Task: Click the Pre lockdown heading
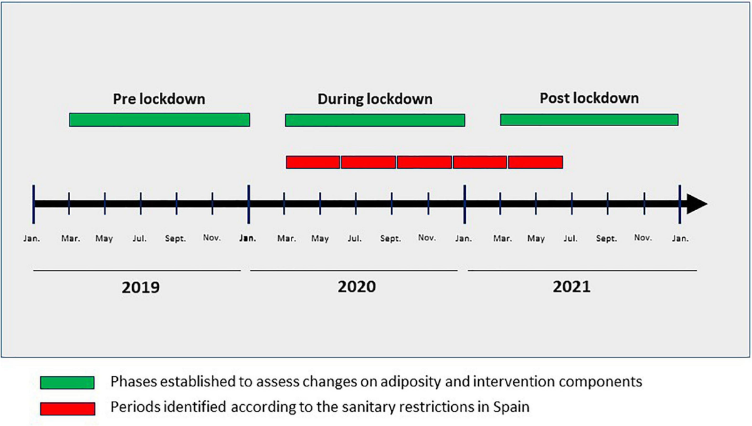(159, 99)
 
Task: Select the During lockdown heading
(375, 99)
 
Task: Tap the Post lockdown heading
(589, 99)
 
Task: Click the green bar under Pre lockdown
(159, 120)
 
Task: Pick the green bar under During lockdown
(375, 120)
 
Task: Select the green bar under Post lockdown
(589, 120)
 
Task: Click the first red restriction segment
(313, 162)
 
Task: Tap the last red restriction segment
(535, 162)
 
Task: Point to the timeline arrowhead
(696, 204)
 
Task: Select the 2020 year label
(357, 287)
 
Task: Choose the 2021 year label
(572, 287)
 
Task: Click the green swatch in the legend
(67, 383)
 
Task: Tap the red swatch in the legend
(67, 408)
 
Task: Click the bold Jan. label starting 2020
(248, 238)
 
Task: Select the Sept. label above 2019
(175, 238)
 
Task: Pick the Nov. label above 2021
(643, 238)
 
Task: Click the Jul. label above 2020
(355, 238)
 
